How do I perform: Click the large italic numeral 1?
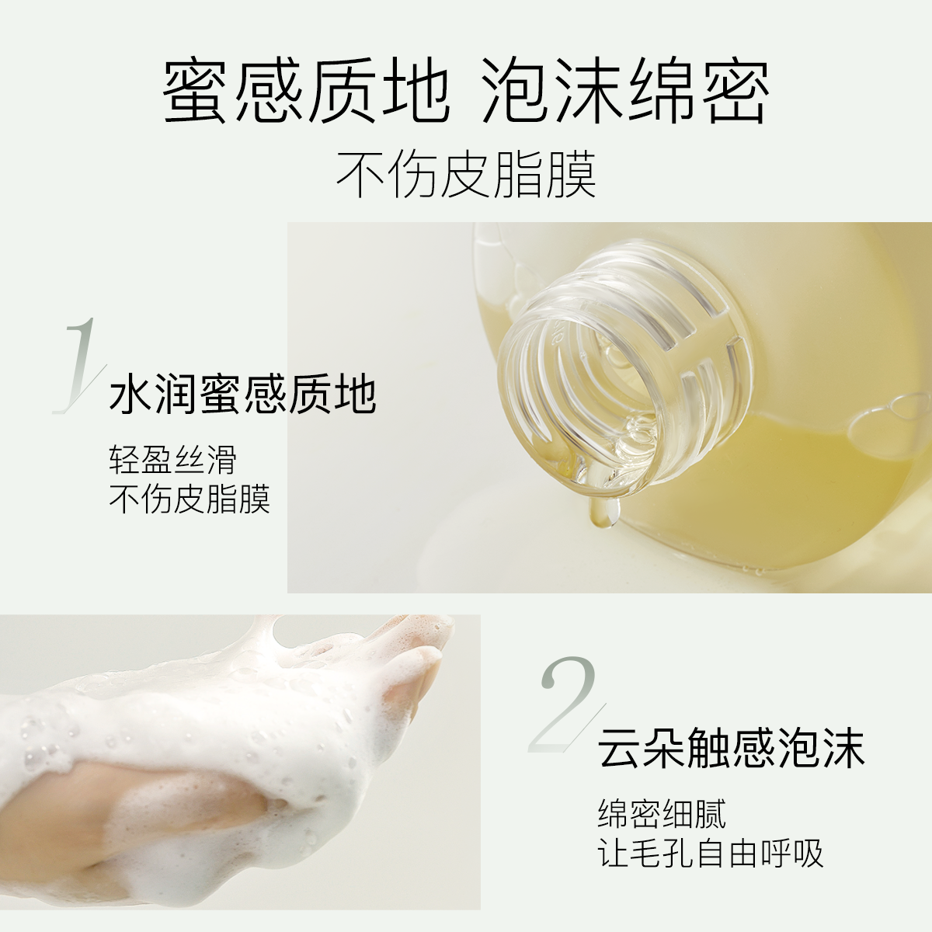78,365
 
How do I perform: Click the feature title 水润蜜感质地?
243,395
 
